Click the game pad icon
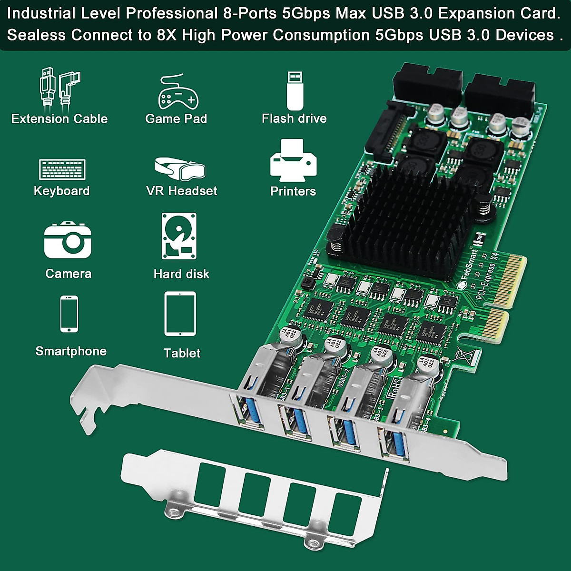pos(177,93)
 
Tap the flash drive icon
pos(295,90)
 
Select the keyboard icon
pos(62,169)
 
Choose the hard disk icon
pos(179,236)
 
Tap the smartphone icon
pos(69,314)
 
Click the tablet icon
pos(180,314)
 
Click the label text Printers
pos(293,191)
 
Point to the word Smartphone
pos(71,351)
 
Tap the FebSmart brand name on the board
pos(469,264)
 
